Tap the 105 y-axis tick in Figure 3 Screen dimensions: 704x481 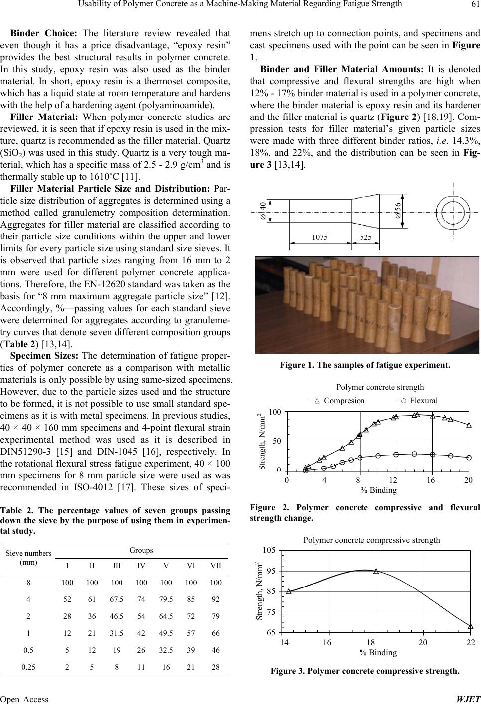coord(269,550)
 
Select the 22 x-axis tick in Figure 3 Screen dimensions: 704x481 coord(470,642)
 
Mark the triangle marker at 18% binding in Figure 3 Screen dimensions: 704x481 coord(376,571)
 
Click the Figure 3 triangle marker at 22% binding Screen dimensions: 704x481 coord(470,626)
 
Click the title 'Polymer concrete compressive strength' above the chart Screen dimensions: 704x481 coord(371,539)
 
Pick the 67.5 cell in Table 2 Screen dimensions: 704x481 coord(116,599)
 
